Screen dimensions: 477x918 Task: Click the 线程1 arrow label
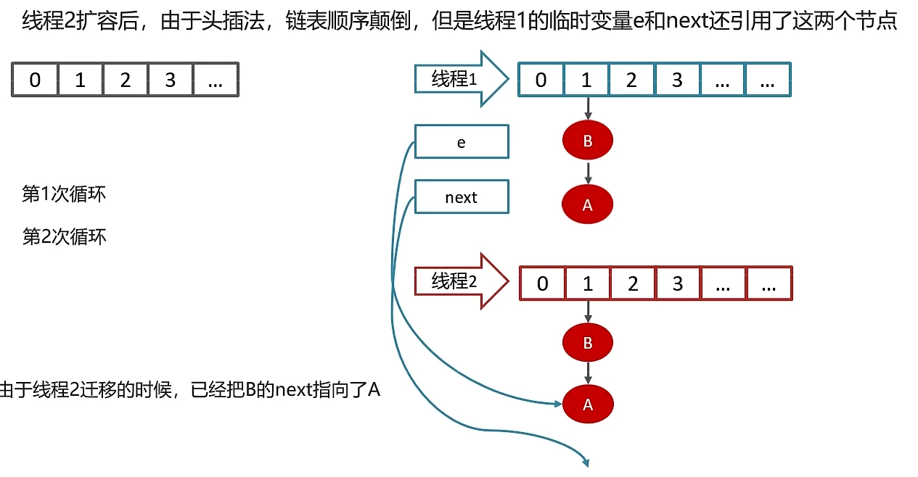(x=454, y=79)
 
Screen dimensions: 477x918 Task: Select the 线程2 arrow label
(x=454, y=281)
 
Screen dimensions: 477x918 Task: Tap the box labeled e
(x=462, y=142)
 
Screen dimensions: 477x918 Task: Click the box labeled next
(x=462, y=197)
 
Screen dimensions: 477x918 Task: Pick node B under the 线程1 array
(x=588, y=141)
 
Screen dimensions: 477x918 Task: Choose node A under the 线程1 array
(x=588, y=204)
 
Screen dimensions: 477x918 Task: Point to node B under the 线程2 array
(x=588, y=342)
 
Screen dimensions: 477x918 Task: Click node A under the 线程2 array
(x=588, y=405)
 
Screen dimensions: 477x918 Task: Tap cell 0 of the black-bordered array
(x=35, y=80)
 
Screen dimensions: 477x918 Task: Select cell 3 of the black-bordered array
(x=170, y=80)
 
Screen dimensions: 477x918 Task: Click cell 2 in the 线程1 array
(x=631, y=80)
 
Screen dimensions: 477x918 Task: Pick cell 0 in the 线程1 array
(x=541, y=80)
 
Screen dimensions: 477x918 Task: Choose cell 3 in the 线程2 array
(x=678, y=283)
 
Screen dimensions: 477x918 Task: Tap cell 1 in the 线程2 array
(x=588, y=283)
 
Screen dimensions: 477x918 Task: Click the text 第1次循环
(x=65, y=194)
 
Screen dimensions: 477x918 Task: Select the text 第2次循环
(x=65, y=237)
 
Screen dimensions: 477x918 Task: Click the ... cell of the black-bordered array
(x=215, y=80)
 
